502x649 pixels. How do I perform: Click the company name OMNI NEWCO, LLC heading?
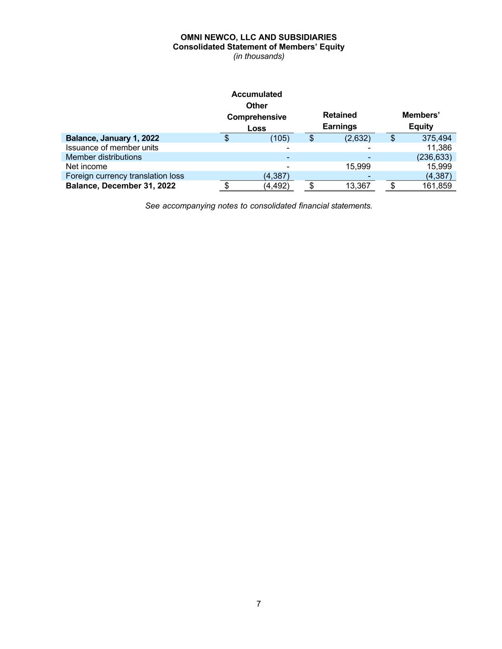tap(258, 37)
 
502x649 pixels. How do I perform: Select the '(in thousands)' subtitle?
tap(258, 56)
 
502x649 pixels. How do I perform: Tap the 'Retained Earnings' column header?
tap(339, 121)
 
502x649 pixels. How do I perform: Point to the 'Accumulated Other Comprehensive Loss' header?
tap(256, 111)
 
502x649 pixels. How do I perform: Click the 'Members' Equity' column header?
tap(421, 121)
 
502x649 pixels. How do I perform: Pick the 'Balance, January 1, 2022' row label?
tap(112, 138)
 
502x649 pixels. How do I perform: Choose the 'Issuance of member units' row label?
tap(112, 147)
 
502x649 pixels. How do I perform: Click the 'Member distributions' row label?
tap(104, 157)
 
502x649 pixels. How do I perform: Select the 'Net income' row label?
tap(86, 166)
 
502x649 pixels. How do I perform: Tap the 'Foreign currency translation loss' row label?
tap(125, 176)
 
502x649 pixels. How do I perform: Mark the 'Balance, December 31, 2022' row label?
tap(120, 185)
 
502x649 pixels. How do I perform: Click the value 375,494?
tap(436, 138)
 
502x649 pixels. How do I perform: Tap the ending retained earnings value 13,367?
tap(357, 185)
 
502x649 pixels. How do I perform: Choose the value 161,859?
tap(436, 185)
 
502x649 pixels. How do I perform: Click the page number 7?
tap(258, 604)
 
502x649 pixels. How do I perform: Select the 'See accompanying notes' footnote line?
tap(258, 206)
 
